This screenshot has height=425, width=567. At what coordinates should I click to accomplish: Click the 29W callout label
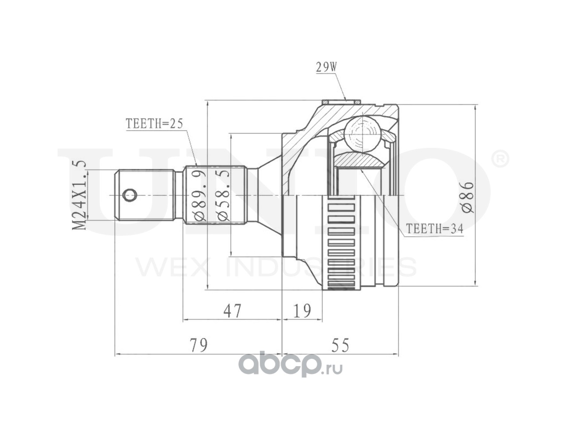[326, 67]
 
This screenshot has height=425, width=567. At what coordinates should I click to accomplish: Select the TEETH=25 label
[154, 124]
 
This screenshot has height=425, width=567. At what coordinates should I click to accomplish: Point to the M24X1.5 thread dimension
[79, 195]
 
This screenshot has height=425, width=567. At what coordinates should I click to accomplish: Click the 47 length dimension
[232, 310]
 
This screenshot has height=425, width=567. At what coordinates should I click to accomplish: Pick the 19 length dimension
[302, 310]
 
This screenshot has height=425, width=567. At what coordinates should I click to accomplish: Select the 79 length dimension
[198, 345]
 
